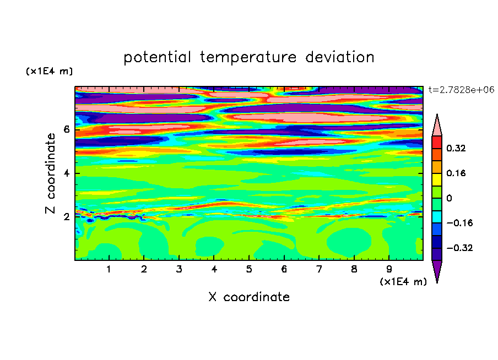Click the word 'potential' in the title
point(157,57)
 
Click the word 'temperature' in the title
point(248,57)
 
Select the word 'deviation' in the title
point(339,57)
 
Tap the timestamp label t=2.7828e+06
point(461,90)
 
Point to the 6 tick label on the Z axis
point(67,129)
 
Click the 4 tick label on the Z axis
point(67,173)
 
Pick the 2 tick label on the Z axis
point(67,217)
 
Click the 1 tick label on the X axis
point(109,269)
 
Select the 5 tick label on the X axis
point(249,269)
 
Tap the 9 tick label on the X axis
point(389,269)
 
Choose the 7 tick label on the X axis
point(319,269)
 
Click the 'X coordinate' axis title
point(249,297)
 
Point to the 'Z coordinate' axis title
point(51,173)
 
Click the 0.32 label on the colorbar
point(456,148)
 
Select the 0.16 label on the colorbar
point(456,173)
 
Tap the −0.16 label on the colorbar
point(459,223)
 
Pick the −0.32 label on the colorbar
point(459,248)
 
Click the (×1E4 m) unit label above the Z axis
point(49,71)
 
